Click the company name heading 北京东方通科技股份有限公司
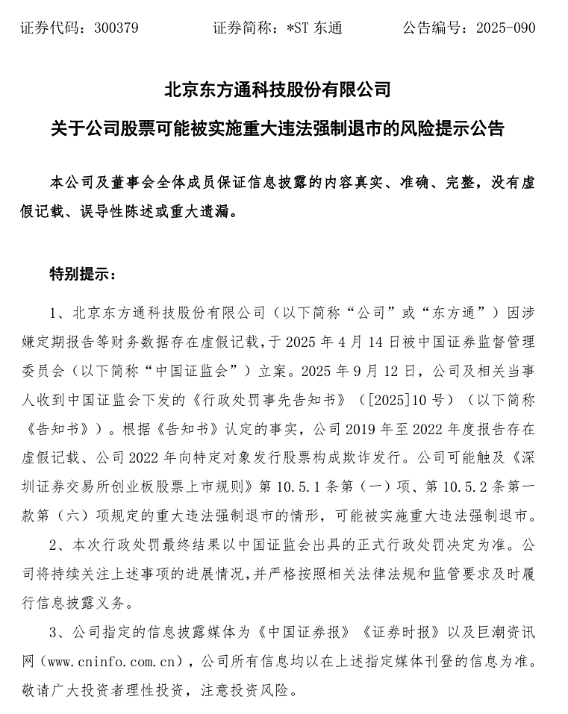[278, 90]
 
